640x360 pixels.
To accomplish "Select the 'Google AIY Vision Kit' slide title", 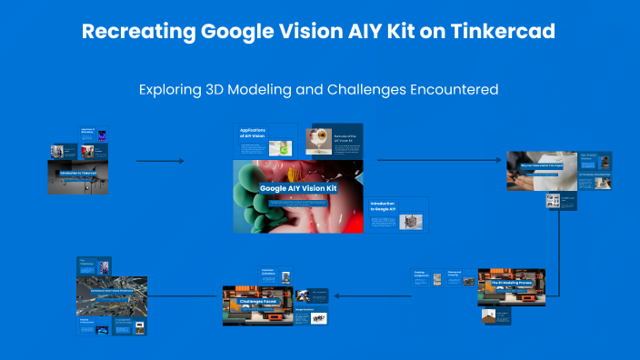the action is tap(298, 189).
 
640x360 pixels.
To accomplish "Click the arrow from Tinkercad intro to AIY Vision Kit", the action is tap(160, 161).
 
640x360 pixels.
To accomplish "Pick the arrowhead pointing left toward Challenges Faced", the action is tap(339, 295).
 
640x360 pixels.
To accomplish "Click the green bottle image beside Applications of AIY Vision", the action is tap(285, 145).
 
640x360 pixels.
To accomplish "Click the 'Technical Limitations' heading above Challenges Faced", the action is tap(267, 272).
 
